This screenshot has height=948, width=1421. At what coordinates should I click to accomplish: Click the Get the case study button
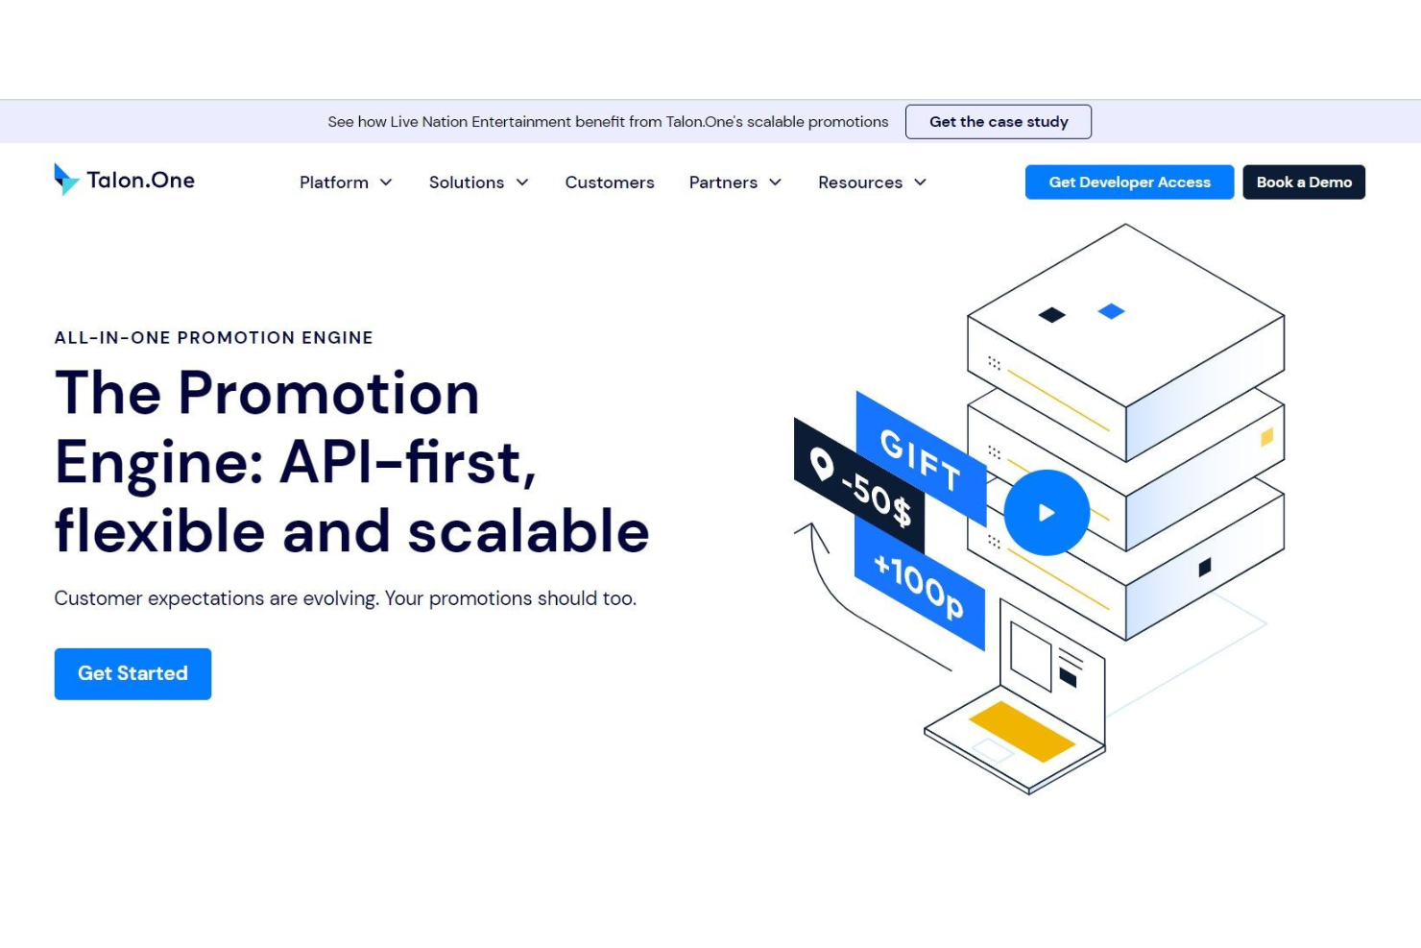click(998, 122)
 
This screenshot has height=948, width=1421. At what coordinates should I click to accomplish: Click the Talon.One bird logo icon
click(66, 180)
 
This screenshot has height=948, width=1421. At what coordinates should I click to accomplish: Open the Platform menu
click(346, 182)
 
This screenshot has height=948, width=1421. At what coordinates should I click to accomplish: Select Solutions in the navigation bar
click(478, 182)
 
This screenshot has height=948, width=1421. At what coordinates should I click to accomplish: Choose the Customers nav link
click(610, 182)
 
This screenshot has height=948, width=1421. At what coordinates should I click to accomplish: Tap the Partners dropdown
click(735, 182)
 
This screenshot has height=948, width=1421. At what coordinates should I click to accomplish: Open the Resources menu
click(872, 182)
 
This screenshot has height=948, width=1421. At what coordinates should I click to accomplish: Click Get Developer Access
click(1129, 182)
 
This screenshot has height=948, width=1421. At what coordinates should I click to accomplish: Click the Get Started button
click(132, 674)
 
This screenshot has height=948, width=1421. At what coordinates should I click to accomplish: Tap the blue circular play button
click(1047, 512)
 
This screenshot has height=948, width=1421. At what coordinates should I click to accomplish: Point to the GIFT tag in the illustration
click(921, 459)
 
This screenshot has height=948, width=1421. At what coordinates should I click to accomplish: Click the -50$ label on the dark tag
click(877, 500)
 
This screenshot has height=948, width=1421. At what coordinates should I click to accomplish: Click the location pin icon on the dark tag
click(822, 465)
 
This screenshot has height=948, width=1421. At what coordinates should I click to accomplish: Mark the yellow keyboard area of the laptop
click(1022, 731)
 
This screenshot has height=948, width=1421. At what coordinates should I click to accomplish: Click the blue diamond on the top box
click(1112, 311)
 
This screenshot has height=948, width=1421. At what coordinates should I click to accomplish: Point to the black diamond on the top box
click(1051, 315)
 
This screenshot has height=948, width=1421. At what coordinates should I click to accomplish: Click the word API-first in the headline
click(407, 463)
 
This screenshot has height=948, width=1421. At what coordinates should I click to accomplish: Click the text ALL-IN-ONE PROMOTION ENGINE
click(214, 337)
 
